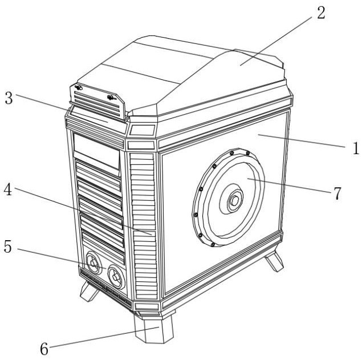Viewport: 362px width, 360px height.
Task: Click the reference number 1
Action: [x=355, y=149]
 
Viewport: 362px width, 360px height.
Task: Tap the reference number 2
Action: [x=321, y=13]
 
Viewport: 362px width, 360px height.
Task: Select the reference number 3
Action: [x=9, y=98]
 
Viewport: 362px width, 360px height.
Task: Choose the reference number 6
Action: [x=44, y=348]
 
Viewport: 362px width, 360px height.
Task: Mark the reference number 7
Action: [x=337, y=193]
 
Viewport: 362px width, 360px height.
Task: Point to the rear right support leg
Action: [x=274, y=261]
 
